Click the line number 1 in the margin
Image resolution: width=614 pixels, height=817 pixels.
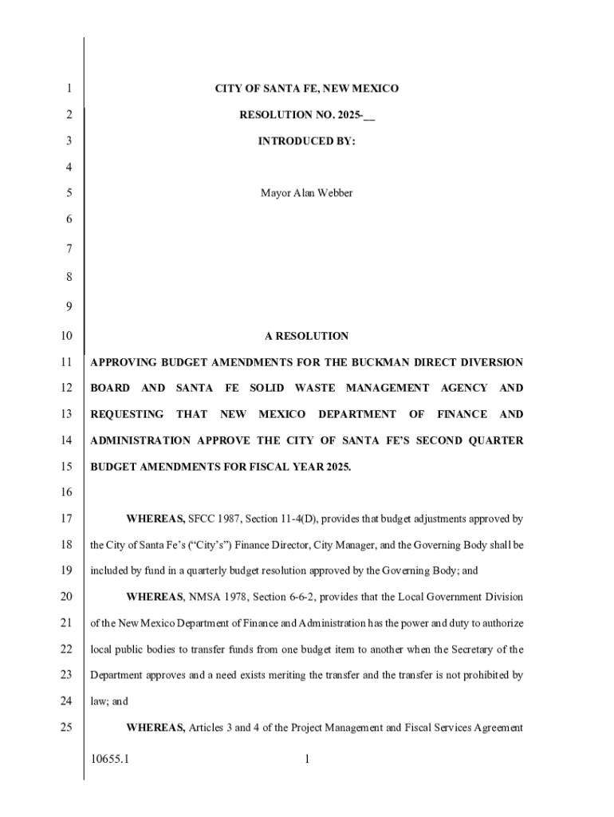[x=69, y=89]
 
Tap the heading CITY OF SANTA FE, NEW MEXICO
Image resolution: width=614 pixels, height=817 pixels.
[x=306, y=89]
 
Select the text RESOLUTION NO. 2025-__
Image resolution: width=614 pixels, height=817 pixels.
[x=306, y=115]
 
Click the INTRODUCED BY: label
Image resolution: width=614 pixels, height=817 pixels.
[x=306, y=141]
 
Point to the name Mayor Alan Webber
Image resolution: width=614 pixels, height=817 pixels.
[x=306, y=193]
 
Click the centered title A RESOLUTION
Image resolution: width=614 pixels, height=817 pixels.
[x=306, y=336]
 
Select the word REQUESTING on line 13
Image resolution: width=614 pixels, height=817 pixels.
[x=127, y=414]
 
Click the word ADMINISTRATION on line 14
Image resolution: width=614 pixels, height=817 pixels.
[x=140, y=440]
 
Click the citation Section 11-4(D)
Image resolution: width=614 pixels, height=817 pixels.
[x=275, y=519]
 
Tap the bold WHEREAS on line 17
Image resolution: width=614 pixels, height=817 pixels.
[x=155, y=519]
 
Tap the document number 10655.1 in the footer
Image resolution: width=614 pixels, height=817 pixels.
[x=110, y=760]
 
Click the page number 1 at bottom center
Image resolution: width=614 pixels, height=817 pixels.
[x=306, y=760]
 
